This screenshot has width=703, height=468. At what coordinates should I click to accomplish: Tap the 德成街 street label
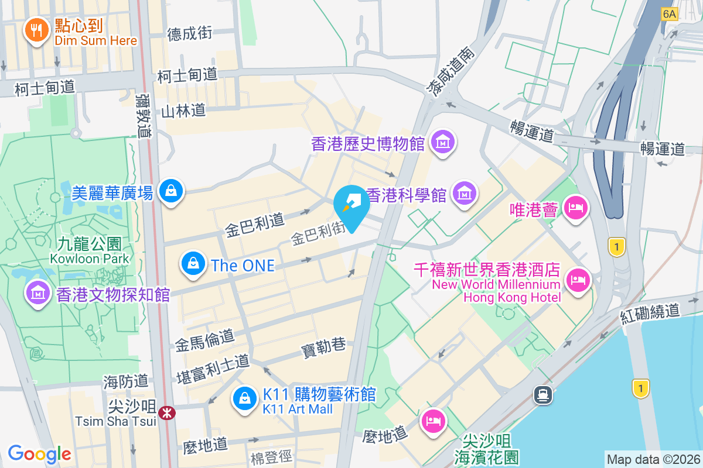point(190,33)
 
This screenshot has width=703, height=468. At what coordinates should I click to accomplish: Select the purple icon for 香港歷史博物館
point(443,142)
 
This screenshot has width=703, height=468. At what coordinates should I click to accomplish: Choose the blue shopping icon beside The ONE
point(193,264)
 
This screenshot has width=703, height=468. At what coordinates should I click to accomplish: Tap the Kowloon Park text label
point(90,257)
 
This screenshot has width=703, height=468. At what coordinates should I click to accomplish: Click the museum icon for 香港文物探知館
point(38,292)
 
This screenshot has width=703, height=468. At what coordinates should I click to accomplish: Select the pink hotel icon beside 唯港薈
point(576,208)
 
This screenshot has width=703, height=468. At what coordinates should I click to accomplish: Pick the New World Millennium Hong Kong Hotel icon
point(578,281)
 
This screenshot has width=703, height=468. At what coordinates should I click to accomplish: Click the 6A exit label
point(669,13)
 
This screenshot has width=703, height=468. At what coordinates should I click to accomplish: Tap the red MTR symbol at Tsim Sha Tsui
point(168,413)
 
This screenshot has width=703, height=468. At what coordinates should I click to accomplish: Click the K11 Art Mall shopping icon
point(244,400)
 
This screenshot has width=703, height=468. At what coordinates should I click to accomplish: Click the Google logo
point(39,453)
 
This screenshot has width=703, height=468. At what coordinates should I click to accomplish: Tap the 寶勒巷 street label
point(323,347)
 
